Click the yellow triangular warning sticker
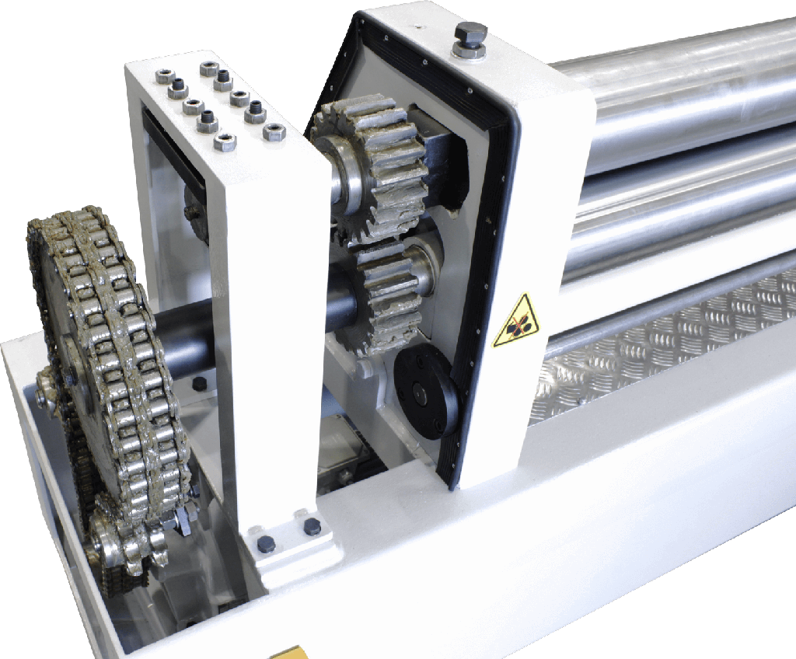515,320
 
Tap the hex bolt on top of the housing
470,39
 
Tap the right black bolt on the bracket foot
312,527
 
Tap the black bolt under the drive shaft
200,384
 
